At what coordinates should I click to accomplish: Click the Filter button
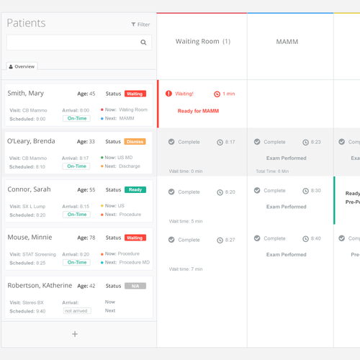[140, 24]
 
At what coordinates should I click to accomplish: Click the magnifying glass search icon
[144, 42]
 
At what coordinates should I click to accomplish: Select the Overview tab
[22, 66]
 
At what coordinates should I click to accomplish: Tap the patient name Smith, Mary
[26, 94]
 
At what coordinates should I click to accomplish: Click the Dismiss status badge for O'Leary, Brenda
[135, 142]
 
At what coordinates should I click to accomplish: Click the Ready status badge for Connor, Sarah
[135, 190]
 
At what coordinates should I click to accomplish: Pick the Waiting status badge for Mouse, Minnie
[135, 238]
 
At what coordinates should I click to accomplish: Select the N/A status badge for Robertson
[135, 286]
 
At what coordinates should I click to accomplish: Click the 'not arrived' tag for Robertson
[77, 311]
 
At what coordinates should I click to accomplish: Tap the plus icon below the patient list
[75, 334]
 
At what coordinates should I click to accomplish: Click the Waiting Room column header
[202, 42]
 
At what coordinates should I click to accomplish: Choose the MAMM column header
[287, 42]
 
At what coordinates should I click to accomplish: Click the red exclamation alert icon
[169, 94]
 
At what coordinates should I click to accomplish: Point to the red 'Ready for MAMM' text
[198, 111]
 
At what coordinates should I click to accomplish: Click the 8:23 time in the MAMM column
[316, 143]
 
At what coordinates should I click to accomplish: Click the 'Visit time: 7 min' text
[186, 269]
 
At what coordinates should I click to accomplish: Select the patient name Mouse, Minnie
[28, 238]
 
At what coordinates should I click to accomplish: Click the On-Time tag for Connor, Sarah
[76, 215]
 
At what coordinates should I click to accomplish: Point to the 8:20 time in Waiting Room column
[230, 192]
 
